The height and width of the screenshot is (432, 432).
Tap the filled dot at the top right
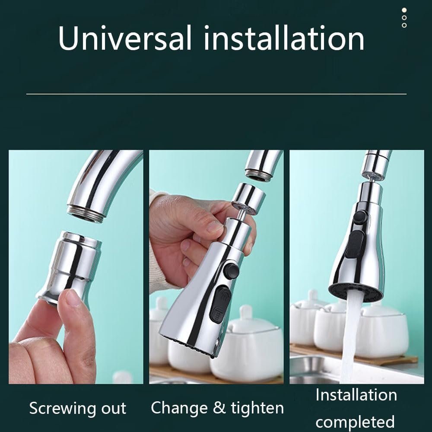(404, 10)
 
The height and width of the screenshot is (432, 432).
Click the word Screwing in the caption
(62, 409)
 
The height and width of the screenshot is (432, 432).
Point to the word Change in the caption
(179, 408)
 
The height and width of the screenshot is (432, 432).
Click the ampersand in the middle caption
(219, 408)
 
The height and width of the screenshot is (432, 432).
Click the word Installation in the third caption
(356, 395)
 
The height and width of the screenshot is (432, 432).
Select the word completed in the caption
(355, 422)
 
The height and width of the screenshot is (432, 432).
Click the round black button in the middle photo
(231, 271)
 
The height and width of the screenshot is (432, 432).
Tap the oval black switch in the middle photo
(219, 304)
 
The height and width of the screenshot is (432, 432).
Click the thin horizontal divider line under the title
(216, 94)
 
